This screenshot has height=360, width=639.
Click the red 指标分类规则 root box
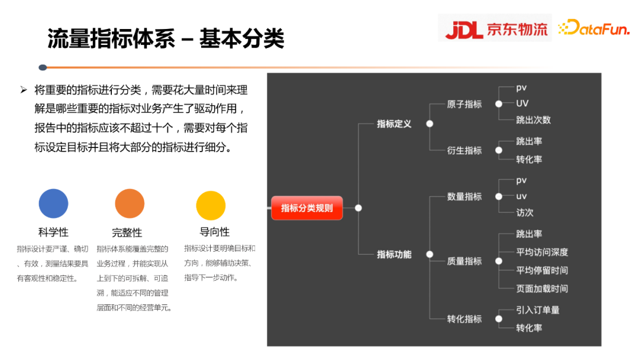point(306,208)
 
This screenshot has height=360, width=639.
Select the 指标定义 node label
point(394,124)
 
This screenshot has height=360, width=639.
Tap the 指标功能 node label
point(394,254)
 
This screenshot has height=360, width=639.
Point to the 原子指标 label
point(464,104)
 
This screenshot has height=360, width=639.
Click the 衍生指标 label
point(464,150)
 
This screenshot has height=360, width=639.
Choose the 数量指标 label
point(464,197)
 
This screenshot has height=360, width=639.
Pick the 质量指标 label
point(464,261)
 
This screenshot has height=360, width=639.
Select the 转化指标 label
point(464,319)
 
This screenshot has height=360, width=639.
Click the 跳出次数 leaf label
point(533,120)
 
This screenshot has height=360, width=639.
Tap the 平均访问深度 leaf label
point(542,252)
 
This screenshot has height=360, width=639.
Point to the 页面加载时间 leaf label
point(542,288)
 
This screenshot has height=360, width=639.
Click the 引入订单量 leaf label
point(537,310)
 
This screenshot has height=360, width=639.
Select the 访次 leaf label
point(525,213)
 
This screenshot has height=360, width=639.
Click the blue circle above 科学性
point(53,204)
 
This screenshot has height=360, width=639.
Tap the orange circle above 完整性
point(130,204)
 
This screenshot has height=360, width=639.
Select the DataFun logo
point(594,28)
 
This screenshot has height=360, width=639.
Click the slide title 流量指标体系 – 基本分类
point(166,39)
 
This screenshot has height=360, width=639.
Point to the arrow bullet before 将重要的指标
point(24,90)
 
